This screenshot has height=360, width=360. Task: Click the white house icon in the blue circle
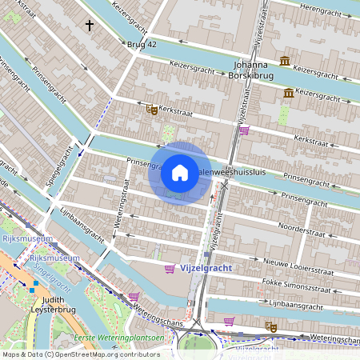(x=180, y=173)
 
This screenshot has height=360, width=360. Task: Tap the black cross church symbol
(x=89, y=26)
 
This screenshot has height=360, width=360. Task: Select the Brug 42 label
(x=142, y=45)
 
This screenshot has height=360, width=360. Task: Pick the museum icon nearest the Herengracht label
(x=284, y=62)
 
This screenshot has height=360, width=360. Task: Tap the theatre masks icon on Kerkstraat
(x=151, y=111)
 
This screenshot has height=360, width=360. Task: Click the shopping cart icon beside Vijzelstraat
(x=244, y=130)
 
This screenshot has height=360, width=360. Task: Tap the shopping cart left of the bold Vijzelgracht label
(x=169, y=269)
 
